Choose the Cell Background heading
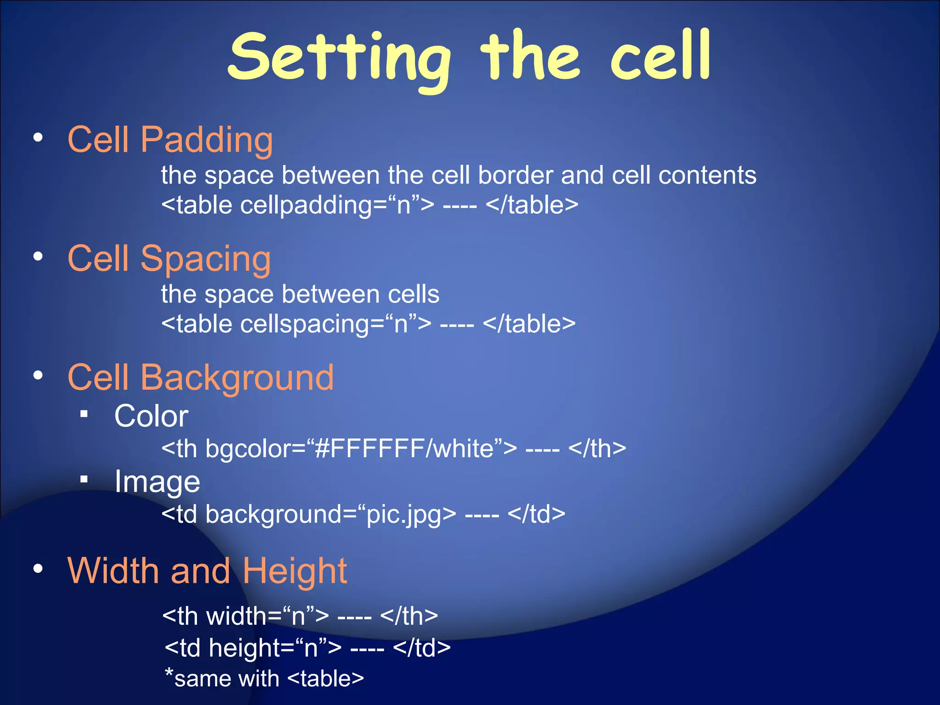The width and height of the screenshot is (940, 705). coord(200,377)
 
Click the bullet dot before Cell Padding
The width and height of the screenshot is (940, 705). coord(38,137)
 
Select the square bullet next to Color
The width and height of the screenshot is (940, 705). coord(84,414)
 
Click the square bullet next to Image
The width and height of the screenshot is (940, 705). coord(84,480)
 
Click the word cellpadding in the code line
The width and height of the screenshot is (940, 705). coord(306,205)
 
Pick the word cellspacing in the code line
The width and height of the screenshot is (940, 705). coord(304,324)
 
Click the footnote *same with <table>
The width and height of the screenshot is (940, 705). coord(264,678)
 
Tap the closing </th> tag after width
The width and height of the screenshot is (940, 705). coord(408,616)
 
